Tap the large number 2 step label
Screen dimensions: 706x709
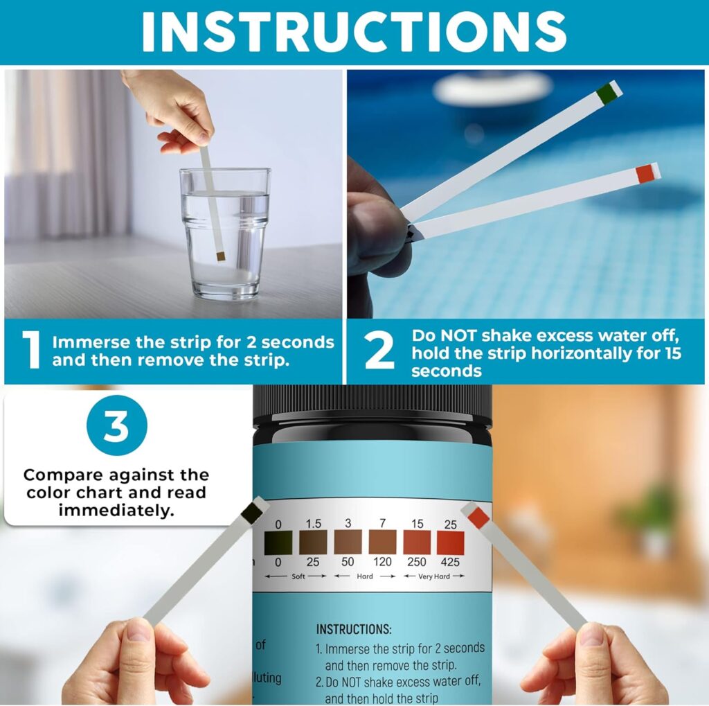(379, 352)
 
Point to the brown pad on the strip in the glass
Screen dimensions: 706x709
(221, 256)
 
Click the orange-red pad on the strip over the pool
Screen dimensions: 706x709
(645, 173)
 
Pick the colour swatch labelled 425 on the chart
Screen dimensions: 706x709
(450, 542)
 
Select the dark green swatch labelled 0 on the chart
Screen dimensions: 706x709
(278, 542)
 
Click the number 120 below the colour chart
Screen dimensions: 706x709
(382, 562)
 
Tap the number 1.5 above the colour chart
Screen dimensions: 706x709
(313, 524)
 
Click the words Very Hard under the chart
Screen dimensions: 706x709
(433, 576)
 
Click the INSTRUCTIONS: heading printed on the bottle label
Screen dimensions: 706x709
(354, 629)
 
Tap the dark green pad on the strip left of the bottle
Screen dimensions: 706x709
(253, 513)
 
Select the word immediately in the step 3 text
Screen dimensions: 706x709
(116, 510)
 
